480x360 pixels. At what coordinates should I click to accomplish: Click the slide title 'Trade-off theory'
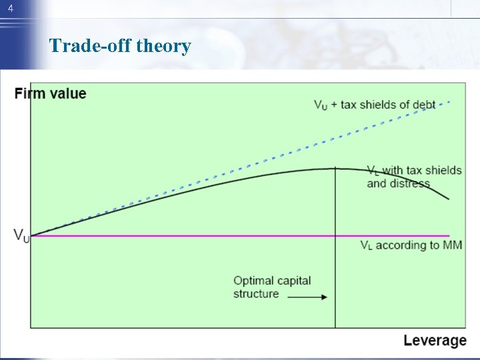point(120,46)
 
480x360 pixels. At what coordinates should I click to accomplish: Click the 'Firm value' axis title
point(50,93)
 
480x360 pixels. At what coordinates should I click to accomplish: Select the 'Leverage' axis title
point(435,341)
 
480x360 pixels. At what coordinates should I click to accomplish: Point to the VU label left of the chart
point(21,235)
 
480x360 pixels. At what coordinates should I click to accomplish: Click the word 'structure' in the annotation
point(256,294)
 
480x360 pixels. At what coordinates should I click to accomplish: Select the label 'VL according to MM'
point(411,245)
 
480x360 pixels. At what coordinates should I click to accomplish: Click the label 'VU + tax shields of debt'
point(374,105)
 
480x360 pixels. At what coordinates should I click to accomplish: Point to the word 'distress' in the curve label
point(409,183)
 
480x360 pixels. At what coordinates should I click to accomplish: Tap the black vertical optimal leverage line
point(335,267)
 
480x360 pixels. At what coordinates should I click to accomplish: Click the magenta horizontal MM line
point(200,235)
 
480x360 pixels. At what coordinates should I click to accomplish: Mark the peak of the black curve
point(335,168)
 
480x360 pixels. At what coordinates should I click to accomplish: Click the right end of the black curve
point(449,199)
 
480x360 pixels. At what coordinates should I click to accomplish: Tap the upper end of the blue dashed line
point(450,102)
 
